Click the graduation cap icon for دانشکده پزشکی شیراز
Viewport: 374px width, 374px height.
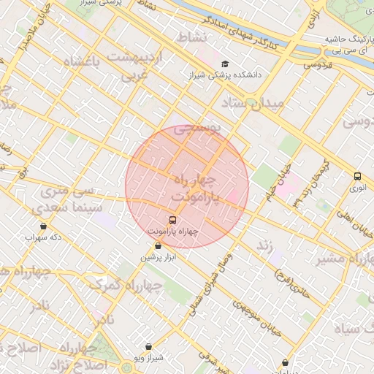tap(224, 64)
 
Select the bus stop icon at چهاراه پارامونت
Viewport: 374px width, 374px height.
tap(172, 219)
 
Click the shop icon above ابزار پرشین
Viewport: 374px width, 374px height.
tap(159, 246)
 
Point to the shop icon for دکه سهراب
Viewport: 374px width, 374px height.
tap(44, 226)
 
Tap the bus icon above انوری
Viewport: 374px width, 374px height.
tap(357, 176)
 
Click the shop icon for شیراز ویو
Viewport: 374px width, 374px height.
tap(149, 346)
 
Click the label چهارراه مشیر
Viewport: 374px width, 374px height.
tap(343, 259)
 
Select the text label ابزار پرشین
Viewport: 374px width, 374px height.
tap(159, 258)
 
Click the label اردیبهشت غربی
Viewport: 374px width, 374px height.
tap(133, 65)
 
